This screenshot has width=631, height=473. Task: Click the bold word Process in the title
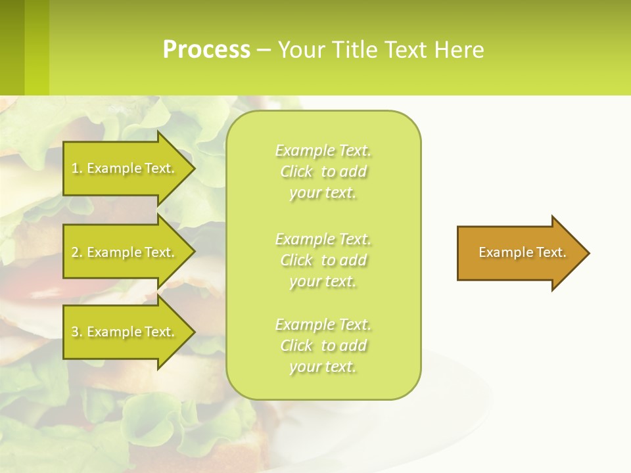click(x=206, y=50)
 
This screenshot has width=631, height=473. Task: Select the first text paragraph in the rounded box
click(x=323, y=171)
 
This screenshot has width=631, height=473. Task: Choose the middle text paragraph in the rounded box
click(x=323, y=260)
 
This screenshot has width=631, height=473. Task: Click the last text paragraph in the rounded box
click(x=323, y=346)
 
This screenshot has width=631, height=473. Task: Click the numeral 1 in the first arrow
click(x=75, y=168)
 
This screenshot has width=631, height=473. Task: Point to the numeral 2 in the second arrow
click(x=75, y=252)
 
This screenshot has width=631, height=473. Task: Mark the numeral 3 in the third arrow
click(x=75, y=332)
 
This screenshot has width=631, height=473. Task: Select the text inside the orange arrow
click(x=522, y=252)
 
